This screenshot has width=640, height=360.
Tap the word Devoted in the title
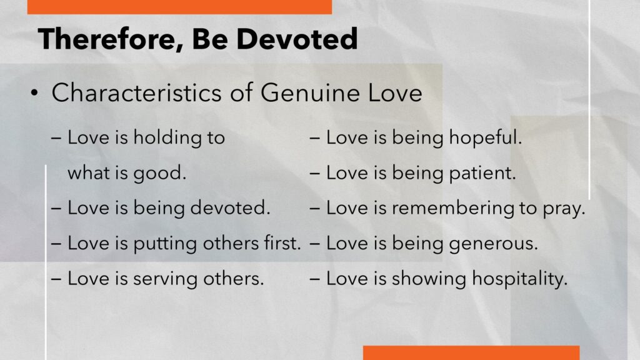click(297, 39)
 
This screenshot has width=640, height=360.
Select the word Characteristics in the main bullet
click(136, 92)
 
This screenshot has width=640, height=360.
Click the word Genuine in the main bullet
click(310, 93)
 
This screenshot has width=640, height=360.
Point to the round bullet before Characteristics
click(34, 94)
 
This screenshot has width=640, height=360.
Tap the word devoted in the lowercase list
click(230, 207)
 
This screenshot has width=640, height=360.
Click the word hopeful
click(485, 137)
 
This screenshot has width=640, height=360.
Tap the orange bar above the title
click(179, 7)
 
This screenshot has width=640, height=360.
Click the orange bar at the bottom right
click(471, 353)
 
